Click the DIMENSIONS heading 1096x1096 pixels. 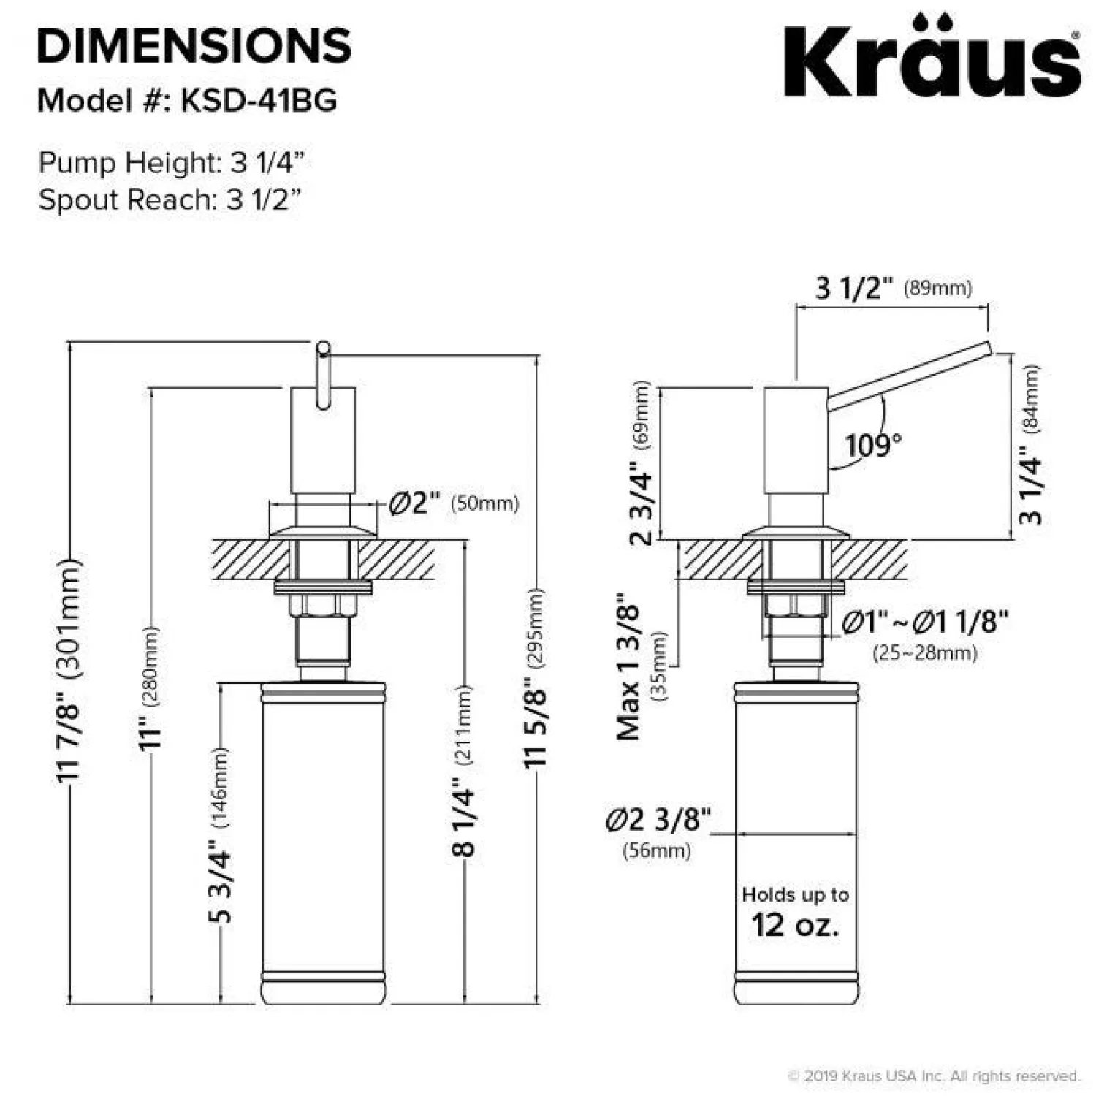tap(194, 45)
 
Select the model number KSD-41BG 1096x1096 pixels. tap(259, 101)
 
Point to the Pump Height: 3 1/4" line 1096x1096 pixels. tap(171, 162)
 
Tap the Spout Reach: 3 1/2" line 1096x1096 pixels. tap(170, 199)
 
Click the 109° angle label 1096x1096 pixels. tap(873, 444)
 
